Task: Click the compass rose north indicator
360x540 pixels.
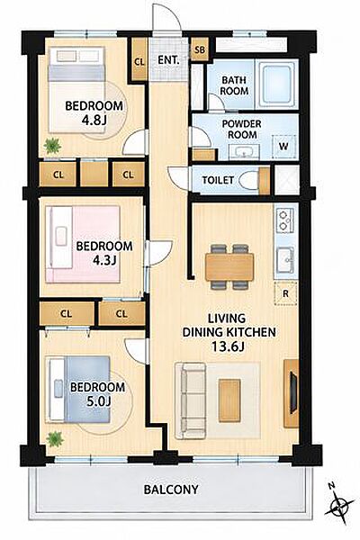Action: pos(338,506)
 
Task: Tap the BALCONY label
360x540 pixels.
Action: pos(171,490)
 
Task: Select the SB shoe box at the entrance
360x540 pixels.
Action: pos(200,49)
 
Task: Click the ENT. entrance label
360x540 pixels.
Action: pos(168,60)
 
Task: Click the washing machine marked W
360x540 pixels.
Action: pos(283,147)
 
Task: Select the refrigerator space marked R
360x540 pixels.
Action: pos(285,293)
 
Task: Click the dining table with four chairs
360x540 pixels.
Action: pos(229,266)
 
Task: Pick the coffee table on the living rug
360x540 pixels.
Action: pos(229,400)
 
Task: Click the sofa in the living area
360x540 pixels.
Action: pos(190,400)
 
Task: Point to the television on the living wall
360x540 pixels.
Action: pos(293,392)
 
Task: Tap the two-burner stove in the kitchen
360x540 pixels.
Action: pos(284,220)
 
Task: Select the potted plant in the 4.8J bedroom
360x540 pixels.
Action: pos(52,146)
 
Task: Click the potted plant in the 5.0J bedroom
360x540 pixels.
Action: pos(55,439)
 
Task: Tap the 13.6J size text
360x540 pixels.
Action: pos(228,346)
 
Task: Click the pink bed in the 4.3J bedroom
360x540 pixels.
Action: pos(83,244)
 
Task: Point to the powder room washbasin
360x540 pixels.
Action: pos(244,152)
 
